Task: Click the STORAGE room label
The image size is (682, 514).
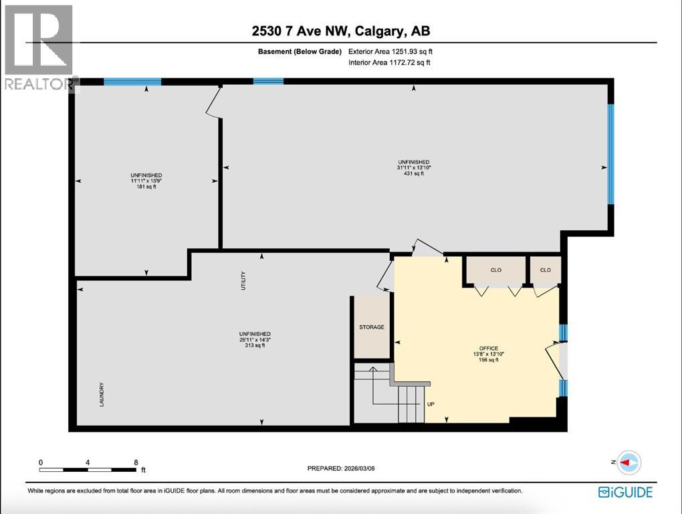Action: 371,327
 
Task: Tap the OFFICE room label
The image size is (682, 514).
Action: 489,348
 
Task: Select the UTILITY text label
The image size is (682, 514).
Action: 243,280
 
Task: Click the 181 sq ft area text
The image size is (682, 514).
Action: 146,187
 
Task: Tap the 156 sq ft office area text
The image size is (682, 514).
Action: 489,360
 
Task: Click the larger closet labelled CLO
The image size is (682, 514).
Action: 495,270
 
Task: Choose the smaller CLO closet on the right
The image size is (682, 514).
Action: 545,270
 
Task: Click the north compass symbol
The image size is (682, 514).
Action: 628,462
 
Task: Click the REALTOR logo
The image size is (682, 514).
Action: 39,48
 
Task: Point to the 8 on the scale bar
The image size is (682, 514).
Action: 136,462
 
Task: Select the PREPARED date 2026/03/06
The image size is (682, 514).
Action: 341,468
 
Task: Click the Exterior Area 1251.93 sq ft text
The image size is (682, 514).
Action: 394,51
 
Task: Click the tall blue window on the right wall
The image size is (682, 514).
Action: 610,153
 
